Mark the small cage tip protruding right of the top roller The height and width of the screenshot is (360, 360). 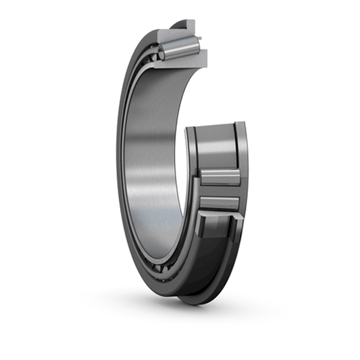(x=200, y=38)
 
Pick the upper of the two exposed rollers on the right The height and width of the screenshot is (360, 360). (x=220, y=177)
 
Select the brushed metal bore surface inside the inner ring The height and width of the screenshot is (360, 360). (x=152, y=160)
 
